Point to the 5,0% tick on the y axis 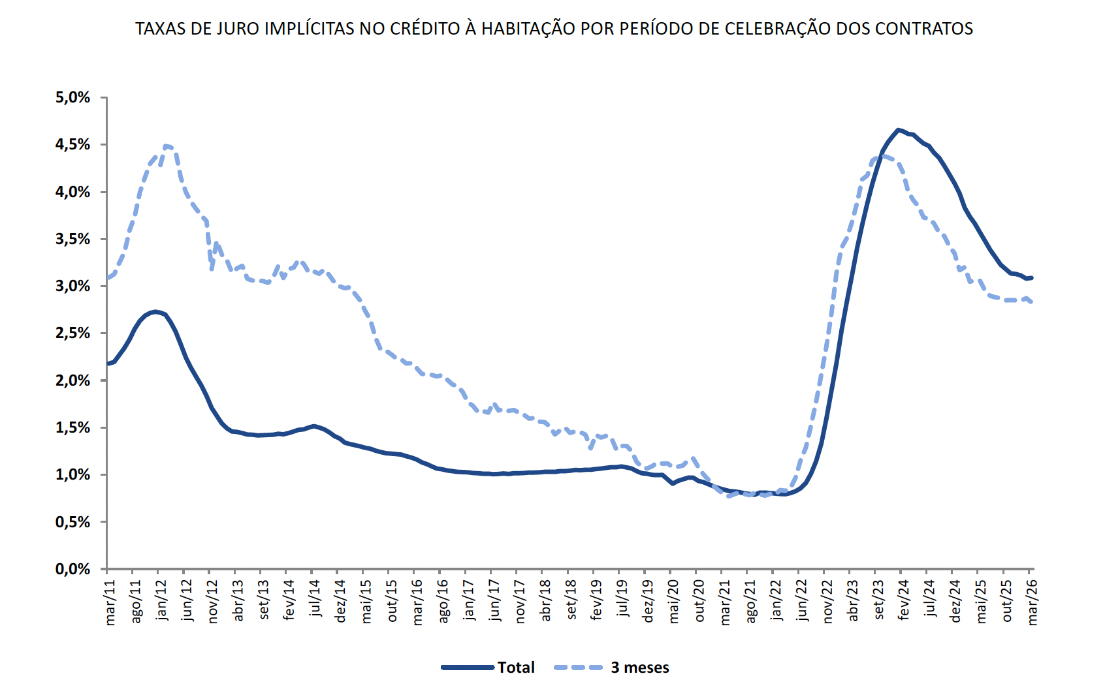pos(72,98)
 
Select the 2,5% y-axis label pos(72,333)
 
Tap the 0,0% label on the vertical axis pos(72,569)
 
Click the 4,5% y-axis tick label pos(72,145)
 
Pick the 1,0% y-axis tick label pos(72,475)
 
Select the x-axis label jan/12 pos(161,600)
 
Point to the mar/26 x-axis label pos(1032,602)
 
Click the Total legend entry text pos(516,668)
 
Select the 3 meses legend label pos(640,668)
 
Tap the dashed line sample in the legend pos(578,668)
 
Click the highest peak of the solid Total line pos(899,130)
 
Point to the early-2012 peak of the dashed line pos(167,146)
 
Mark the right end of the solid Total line pos(1031,277)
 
